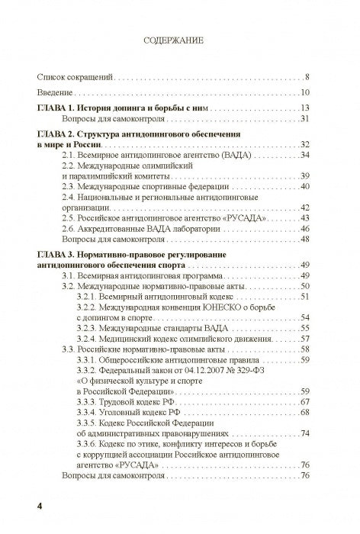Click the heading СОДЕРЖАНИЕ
(180, 43)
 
